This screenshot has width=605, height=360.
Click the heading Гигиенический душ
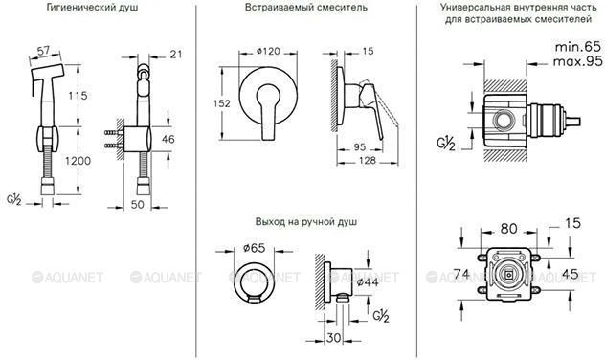pyautogui.click(x=92, y=8)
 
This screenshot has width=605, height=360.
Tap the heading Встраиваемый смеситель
pyautogui.click(x=306, y=8)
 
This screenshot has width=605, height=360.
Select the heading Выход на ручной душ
pyautogui.click(x=306, y=222)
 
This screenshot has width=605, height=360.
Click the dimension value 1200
pyautogui.click(x=78, y=161)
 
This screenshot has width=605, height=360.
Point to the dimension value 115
pyautogui.click(x=78, y=95)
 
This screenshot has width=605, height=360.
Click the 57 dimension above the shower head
pyautogui.click(x=43, y=50)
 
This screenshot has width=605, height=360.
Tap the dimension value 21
pyautogui.click(x=176, y=55)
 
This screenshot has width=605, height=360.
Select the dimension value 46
pyautogui.click(x=168, y=139)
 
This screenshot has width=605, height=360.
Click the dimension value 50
pyautogui.click(x=137, y=204)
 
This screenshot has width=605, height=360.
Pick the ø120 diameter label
pyautogui.click(x=268, y=51)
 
